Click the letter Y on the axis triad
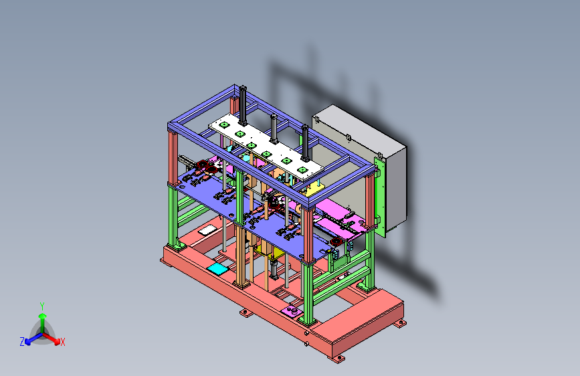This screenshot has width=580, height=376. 42,306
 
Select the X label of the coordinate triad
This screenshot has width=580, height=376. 62,342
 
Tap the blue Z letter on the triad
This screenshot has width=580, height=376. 22,342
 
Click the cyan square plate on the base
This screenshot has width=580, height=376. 217,269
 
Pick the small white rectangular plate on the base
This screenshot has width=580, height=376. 205,231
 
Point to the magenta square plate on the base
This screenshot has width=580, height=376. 292,311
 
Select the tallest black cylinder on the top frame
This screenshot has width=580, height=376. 243,106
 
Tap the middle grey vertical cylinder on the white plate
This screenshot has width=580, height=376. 274,128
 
